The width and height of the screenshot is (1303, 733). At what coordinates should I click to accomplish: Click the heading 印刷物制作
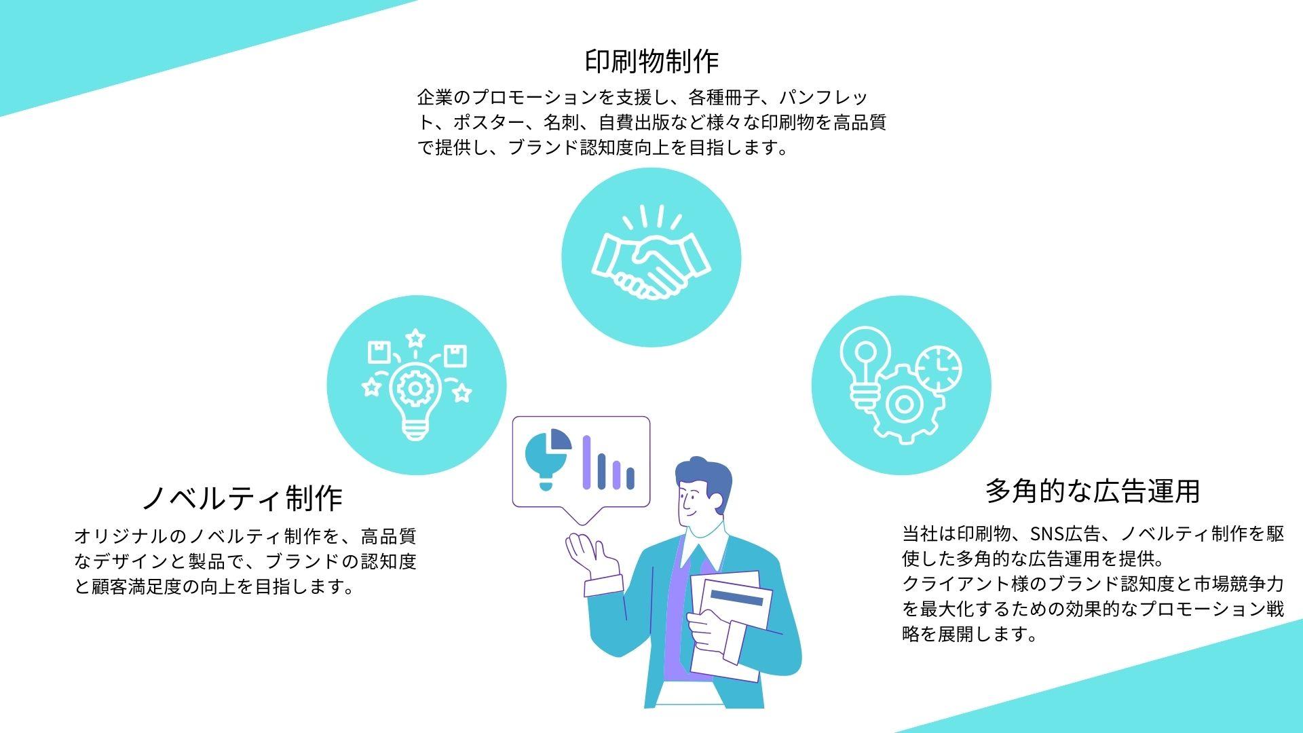click(651, 61)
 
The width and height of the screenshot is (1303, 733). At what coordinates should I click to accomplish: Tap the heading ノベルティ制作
click(242, 497)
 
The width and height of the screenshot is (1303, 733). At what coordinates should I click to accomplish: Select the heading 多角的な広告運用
click(1093, 491)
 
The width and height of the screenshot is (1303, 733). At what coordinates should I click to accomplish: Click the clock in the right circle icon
click(939, 369)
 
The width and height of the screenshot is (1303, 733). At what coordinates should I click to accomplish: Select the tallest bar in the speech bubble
click(586, 462)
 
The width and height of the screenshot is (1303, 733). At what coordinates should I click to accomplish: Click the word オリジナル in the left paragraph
click(120, 536)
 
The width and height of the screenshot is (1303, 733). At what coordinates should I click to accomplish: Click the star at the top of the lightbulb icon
click(415, 337)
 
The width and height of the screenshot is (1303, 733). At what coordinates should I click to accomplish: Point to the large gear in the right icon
click(903, 405)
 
